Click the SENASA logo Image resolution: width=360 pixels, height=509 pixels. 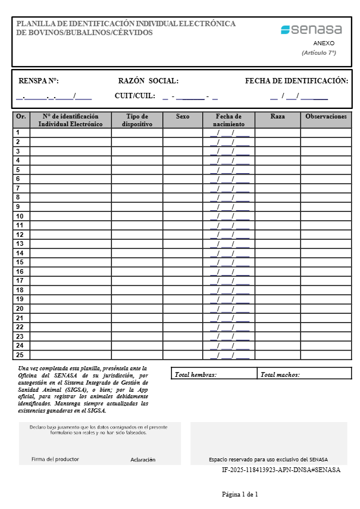[x=312, y=29]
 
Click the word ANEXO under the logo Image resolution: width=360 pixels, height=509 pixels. [x=324, y=43]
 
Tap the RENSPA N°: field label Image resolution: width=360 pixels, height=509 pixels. [x=39, y=81]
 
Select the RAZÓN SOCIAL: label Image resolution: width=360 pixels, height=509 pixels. [x=148, y=81]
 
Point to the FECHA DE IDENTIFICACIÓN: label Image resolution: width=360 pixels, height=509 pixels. [x=296, y=81]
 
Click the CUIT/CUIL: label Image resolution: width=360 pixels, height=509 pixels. [x=135, y=95]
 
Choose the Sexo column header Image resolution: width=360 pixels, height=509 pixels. [x=183, y=117]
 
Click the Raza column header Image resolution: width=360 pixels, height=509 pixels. [x=277, y=117]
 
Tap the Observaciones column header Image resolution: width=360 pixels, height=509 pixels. [x=325, y=117]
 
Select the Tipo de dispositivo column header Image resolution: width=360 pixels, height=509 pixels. [x=137, y=120]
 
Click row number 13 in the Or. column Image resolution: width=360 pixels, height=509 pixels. [x=20, y=244]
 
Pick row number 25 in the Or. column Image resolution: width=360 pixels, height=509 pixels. [x=20, y=355]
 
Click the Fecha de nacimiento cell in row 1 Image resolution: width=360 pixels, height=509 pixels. [x=229, y=133]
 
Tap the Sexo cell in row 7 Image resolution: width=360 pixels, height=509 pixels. [x=183, y=188]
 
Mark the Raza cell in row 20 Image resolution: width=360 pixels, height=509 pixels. [x=277, y=308]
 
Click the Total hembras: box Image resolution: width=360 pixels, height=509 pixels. [x=214, y=374]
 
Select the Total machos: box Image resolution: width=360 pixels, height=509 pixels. [x=304, y=374]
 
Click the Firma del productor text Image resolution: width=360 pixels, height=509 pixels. [x=55, y=459]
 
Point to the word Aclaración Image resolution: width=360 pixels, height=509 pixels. [x=143, y=460]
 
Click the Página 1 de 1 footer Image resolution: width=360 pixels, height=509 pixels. [x=240, y=494]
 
